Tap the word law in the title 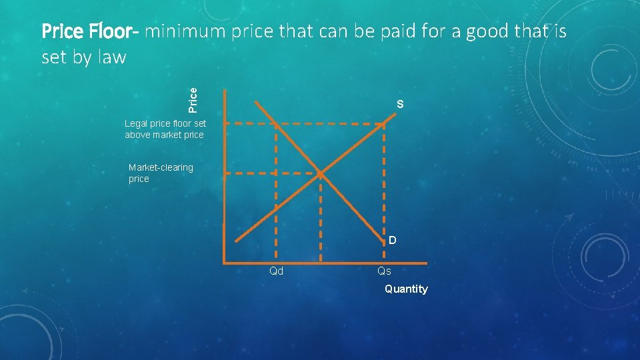[x=111, y=57]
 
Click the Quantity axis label [x=406, y=289]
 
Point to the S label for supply [x=399, y=104]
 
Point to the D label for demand [x=393, y=239]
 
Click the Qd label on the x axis [x=276, y=271]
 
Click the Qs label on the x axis [x=385, y=271]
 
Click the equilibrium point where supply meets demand [x=321, y=174]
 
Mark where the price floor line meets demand [x=275, y=123]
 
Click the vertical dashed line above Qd [x=276, y=200]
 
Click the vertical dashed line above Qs [x=385, y=187]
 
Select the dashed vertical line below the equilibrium [x=321, y=220]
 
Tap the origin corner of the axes [x=225, y=262]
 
